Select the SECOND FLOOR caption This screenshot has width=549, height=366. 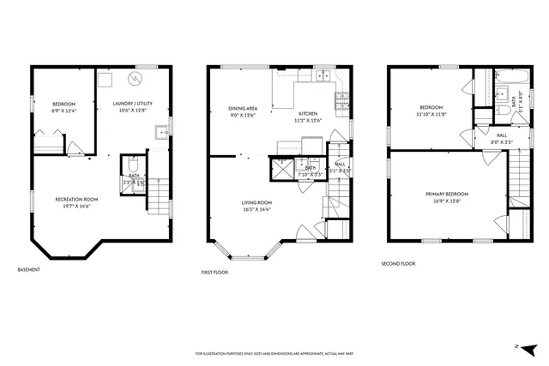tap(398, 264)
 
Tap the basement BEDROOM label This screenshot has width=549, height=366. tap(63, 106)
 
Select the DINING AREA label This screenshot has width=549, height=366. tap(243, 111)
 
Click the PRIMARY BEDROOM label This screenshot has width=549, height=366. tap(447, 197)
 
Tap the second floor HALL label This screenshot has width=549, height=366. tap(501, 137)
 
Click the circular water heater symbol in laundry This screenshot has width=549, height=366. tap(135, 79)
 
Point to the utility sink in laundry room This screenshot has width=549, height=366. tap(160, 132)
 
